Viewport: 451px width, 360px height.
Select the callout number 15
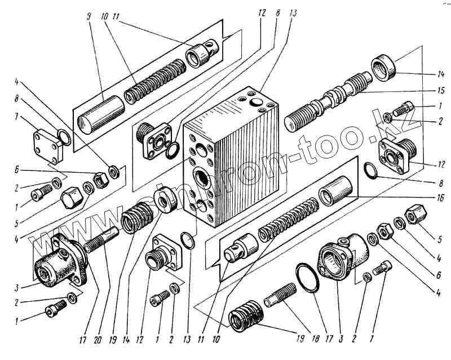[441, 90]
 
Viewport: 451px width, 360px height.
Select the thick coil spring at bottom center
[246, 320]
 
